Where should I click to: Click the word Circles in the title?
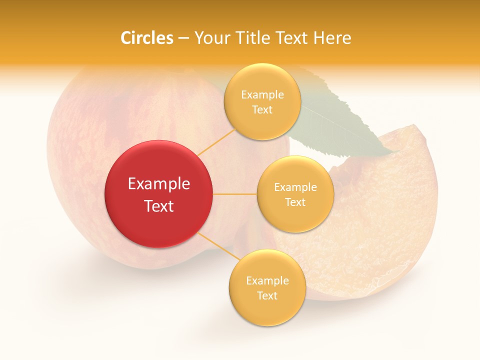coord(146,38)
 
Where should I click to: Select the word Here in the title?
coord(332,38)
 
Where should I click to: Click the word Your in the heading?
coord(210,38)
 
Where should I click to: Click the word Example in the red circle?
coord(158,184)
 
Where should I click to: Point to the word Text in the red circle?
coord(158,206)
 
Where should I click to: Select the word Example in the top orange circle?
coord(262,95)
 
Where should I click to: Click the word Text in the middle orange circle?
coord(295,202)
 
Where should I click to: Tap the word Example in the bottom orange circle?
coord(267,281)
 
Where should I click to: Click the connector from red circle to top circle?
coord(216,142)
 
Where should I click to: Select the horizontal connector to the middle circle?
coord(234,194)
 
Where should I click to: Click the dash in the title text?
coord(183,38)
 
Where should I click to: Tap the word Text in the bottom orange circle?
coord(267,295)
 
